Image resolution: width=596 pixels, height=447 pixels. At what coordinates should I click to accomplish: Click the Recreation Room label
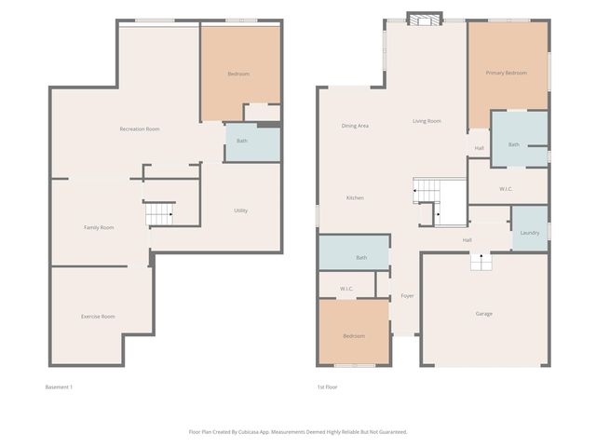pyautogui.click(x=140, y=129)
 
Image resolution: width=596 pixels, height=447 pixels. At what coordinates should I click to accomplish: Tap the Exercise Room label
pyautogui.click(x=98, y=317)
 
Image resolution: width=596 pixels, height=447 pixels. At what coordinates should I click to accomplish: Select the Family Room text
pyautogui.click(x=99, y=227)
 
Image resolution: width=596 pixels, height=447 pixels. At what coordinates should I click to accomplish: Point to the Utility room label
pyautogui.click(x=240, y=210)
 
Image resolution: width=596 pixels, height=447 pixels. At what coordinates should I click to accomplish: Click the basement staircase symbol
pyautogui.click(x=160, y=214)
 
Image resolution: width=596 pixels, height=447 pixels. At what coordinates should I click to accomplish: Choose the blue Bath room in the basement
pyautogui.click(x=251, y=142)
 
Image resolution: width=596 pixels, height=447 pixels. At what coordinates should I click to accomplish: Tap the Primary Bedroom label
pyautogui.click(x=506, y=73)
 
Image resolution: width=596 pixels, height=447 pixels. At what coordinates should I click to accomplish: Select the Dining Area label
pyautogui.click(x=355, y=125)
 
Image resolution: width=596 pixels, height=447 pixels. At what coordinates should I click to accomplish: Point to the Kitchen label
pyautogui.click(x=355, y=197)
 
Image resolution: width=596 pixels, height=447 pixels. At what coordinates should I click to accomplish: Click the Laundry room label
pyautogui.click(x=530, y=233)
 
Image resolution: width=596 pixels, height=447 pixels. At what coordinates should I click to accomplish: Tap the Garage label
pyautogui.click(x=484, y=314)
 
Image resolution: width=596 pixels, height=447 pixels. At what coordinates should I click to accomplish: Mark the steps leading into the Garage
pyautogui.click(x=481, y=263)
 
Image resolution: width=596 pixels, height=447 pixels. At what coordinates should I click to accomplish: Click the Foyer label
pyautogui.click(x=407, y=296)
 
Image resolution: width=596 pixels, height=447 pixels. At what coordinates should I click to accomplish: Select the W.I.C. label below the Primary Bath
pyautogui.click(x=506, y=189)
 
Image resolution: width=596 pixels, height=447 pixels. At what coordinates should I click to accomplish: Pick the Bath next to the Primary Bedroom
pyautogui.click(x=514, y=144)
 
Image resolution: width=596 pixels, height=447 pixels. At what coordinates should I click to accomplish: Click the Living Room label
pyautogui.click(x=427, y=121)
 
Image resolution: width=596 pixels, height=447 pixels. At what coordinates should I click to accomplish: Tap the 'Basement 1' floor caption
pyautogui.click(x=58, y=386)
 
